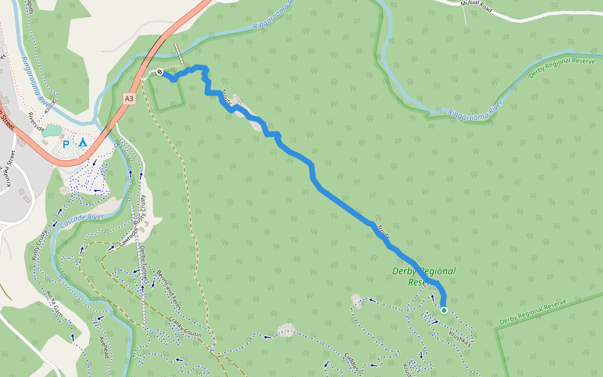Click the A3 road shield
point(129,99)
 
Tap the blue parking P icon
point(66,145)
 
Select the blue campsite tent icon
point(83,143)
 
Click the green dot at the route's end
point(444,310)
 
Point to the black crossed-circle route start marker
point(160,72)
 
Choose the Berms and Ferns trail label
point(167,289)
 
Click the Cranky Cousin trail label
point(185,327)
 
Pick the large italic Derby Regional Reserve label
point(424,276)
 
